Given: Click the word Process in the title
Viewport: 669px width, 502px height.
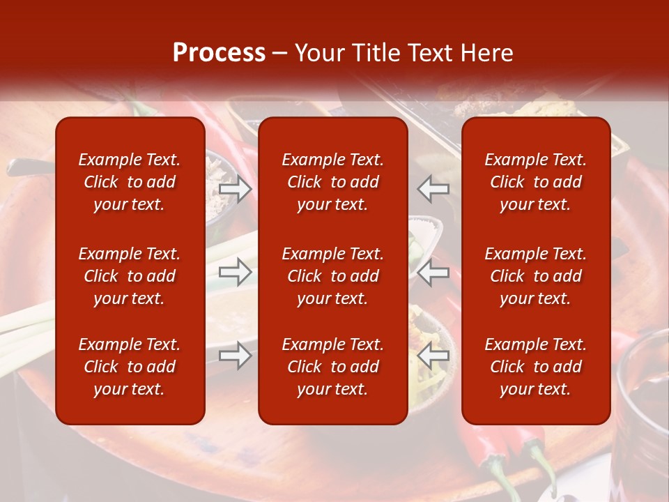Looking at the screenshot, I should (219, 53).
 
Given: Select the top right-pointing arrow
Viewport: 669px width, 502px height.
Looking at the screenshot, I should (236, 189).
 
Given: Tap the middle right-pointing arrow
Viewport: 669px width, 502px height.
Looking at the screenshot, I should (236, 272).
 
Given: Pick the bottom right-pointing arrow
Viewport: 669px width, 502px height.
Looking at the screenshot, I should (236, 356).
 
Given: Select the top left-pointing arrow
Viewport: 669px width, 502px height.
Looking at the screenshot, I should (433, 188).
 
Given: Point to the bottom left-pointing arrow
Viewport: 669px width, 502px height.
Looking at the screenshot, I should (433, 356).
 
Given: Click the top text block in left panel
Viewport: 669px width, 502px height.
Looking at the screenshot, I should (129, 182).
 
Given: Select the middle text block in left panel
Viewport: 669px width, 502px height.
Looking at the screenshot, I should (129, 276).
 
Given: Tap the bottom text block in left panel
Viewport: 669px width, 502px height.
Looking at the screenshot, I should (129, 367).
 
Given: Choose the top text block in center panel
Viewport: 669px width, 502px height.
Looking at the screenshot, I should (332, 182).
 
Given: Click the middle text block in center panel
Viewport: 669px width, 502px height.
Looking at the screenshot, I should (332, 276).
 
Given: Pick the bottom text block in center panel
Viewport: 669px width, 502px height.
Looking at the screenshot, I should (332, 367).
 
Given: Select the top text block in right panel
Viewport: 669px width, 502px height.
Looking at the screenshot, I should (535, 182).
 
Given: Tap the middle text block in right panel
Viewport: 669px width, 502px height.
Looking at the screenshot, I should (535, 276).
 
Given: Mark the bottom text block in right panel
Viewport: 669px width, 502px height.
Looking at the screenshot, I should (535, 367).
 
